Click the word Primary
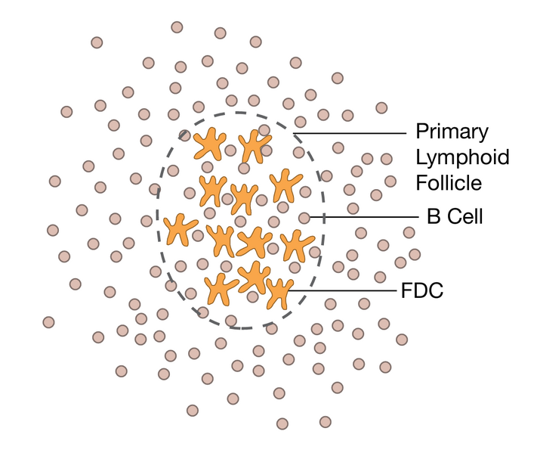pos(452,133)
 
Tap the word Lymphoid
pos(462,158)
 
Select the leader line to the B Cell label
pos(363,218)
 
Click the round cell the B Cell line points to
pos(304,218)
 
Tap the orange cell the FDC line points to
pos(279,292)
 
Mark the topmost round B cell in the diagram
pos(177,27)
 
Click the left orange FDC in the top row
pos(209,144)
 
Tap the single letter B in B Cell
pos(434,217)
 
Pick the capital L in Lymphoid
pos(421,158)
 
